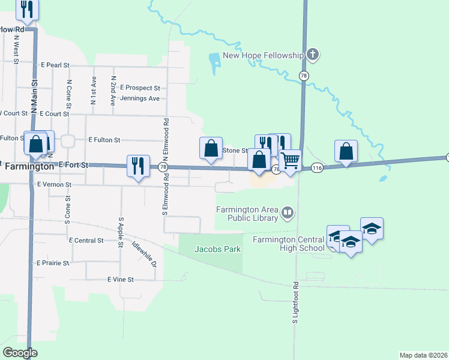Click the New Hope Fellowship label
tap(264, 56)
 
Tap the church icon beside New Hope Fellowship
tap(312, 56)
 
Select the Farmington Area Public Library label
tap(248, 214)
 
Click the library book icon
tap(288, 212)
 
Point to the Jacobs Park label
tap(217, 249)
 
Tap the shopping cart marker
tap(291, 160)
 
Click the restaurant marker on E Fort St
tap(139, 166)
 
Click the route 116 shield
tap(318, 169)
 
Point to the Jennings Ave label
tap(140, 98)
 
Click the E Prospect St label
tap(140, 88)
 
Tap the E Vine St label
tap(121, 280)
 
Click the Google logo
tap(20, 353)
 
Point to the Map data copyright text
tap(424, 355)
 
